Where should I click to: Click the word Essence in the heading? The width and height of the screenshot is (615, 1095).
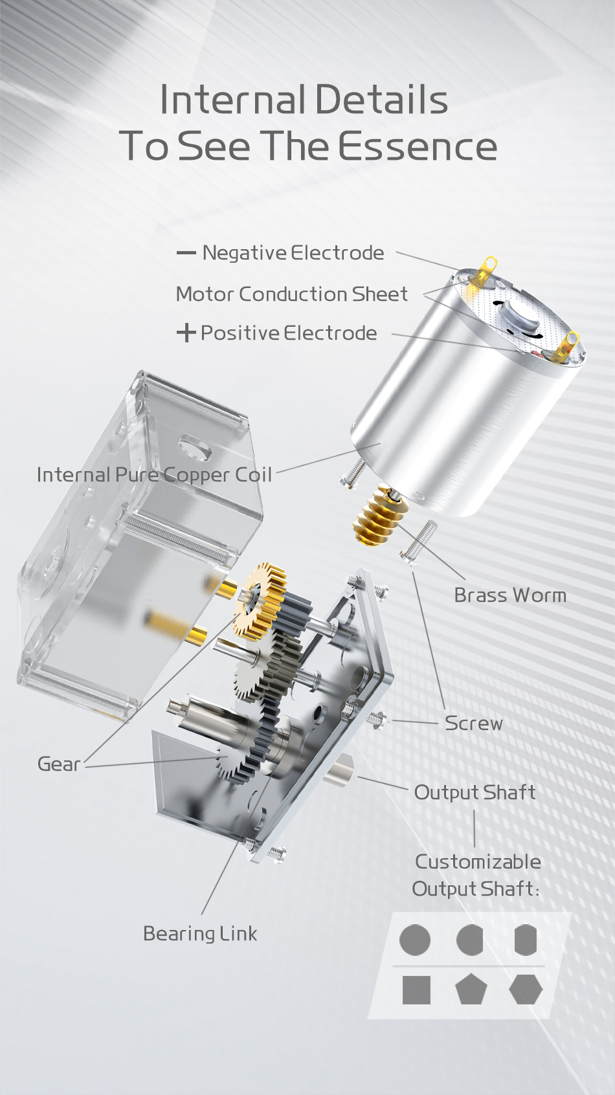click(418, 146)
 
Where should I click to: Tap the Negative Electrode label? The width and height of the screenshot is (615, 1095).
click(293, 252)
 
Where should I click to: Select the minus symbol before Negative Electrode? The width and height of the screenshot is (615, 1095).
click(186, 252)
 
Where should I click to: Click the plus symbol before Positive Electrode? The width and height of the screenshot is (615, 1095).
click(186, 333)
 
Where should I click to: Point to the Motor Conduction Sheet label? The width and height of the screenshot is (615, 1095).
click(291, 294)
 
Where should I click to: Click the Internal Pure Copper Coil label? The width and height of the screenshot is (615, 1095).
click(154, 474)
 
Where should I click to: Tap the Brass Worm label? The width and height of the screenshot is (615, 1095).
click(509, 595)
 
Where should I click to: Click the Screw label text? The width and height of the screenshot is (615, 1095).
click(473, 723)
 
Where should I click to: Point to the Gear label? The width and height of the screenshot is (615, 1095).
click(58, 764)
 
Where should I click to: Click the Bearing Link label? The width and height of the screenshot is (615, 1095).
click(199, 933)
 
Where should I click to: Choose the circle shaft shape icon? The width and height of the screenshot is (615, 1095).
click(415, 940)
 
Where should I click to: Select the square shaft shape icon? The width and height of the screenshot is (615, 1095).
click(416, 990)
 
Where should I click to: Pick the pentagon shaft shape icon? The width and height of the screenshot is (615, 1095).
click(471, 990)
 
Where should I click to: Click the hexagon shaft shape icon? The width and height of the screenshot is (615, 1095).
click(525, 990)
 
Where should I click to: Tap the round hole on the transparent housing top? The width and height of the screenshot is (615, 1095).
click(194, 447)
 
